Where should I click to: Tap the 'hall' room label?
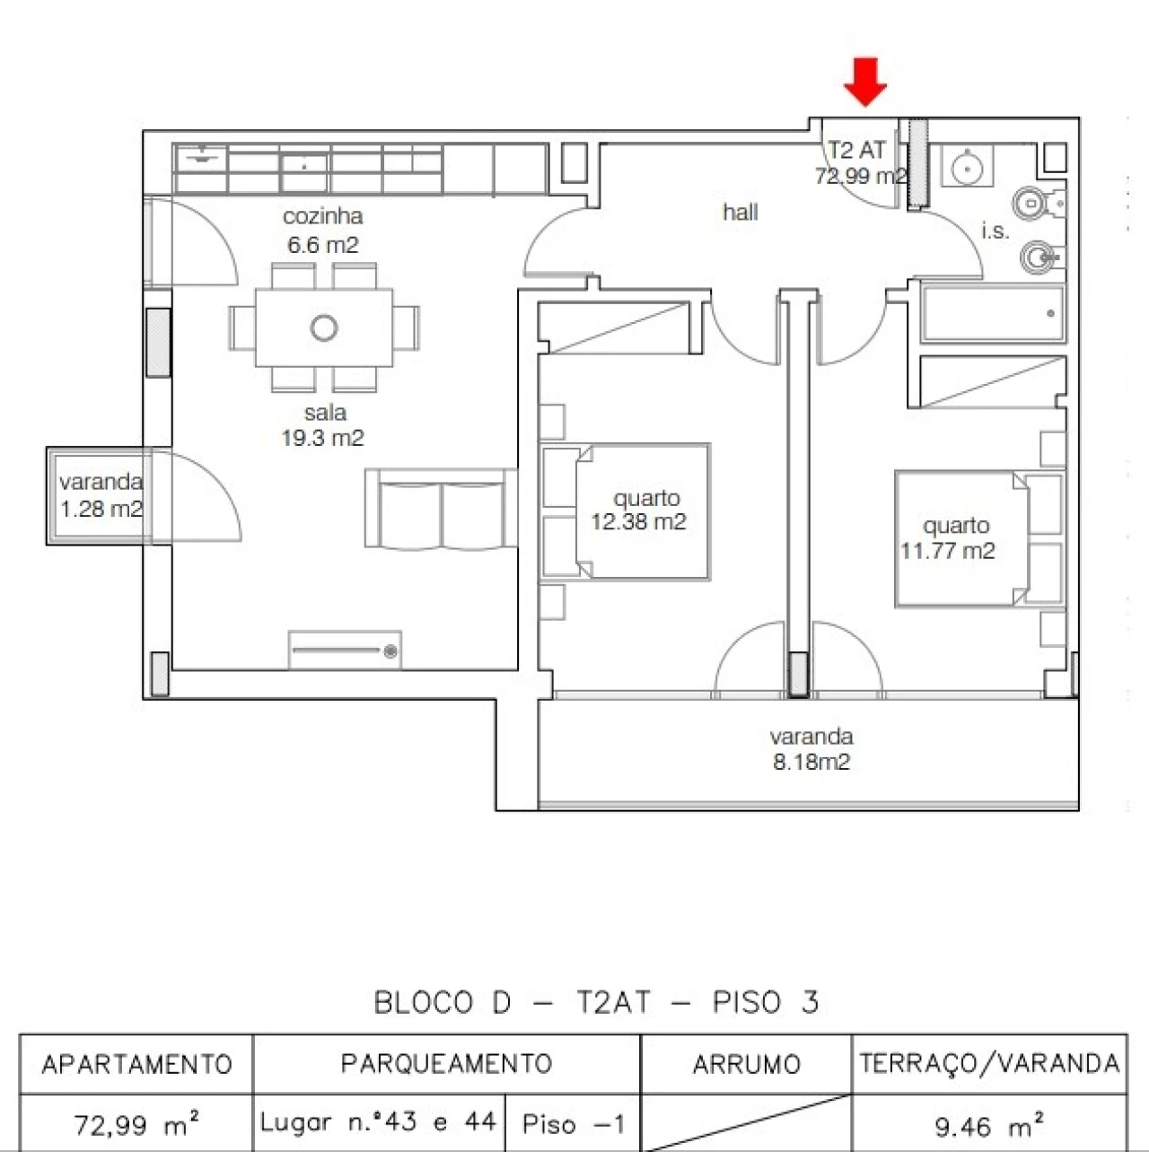click(740, 213)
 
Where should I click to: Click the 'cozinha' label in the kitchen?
click(323, 216)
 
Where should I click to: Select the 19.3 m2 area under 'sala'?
click(323, 438)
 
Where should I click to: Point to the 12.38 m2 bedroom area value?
click(638, 522)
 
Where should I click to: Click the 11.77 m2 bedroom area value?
click(948, 551)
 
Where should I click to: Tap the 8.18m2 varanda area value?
click(811, 762)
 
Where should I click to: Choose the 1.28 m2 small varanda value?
click(101, 510)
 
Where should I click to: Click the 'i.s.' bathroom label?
click(995, 231)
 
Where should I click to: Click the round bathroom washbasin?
click(966, 167)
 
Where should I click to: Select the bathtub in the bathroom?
click(993, 313)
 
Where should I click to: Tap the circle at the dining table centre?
click(324, 327)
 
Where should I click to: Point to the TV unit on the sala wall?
click(345, 650)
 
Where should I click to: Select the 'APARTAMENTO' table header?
click(136, 1065)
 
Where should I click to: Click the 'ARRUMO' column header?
click(746, 1065)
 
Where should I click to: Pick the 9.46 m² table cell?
click(989, 1125)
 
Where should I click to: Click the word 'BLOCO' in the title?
click(423, 1002)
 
